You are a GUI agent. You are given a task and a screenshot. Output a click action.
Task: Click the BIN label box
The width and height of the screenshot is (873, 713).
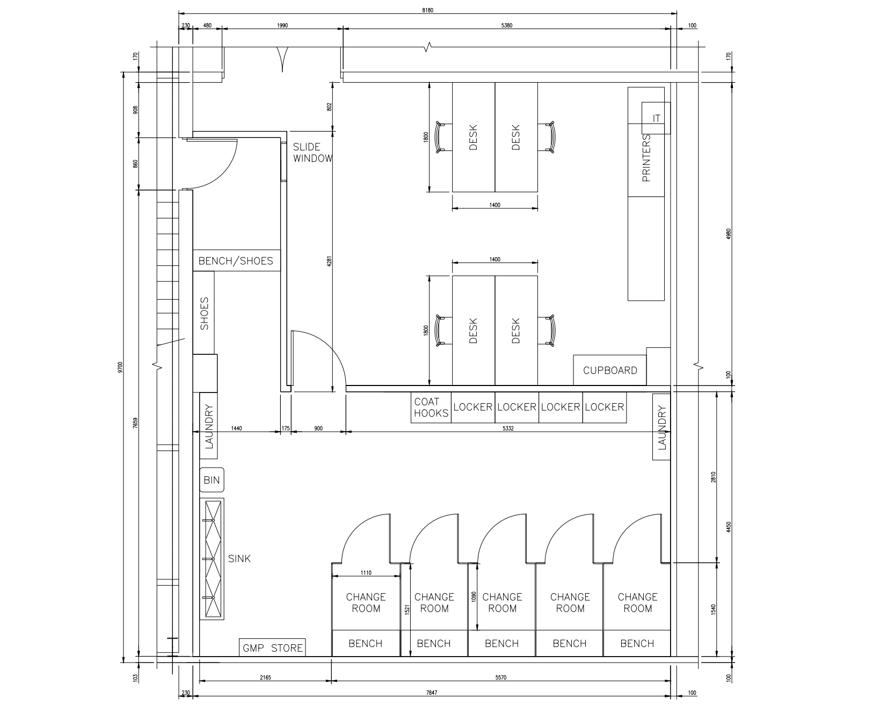[x=212, y=480]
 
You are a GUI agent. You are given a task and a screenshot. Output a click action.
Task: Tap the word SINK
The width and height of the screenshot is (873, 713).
[x=239, y=558]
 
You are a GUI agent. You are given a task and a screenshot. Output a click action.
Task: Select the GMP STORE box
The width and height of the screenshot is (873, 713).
[x=273, y=647]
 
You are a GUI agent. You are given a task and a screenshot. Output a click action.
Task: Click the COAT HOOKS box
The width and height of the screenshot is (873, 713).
[x=431, y=408]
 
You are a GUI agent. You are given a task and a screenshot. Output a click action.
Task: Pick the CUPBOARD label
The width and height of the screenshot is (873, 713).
[x=610, y=370]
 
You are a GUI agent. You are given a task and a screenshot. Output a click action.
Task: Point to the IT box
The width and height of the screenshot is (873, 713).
[x=656, y=118]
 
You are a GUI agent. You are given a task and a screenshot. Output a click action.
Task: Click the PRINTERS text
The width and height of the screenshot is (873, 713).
[x=646, y=158]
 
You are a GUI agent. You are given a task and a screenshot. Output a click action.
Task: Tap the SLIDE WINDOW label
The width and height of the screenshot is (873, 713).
[x=312, y=152]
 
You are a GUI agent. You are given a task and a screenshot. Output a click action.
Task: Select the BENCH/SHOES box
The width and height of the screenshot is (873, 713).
[x=236, y=261]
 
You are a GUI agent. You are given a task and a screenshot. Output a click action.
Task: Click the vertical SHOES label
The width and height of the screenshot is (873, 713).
[x=204, y=314]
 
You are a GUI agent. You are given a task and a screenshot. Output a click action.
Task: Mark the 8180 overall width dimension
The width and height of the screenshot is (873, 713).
[x=427, y=9]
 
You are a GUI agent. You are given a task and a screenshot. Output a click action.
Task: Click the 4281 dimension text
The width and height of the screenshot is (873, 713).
[x=329, y=261]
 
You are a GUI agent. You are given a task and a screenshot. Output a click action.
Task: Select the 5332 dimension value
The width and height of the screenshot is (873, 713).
[x=507, y=428]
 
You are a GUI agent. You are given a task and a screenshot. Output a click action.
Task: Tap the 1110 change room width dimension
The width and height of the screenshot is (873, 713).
[x=366, y=573]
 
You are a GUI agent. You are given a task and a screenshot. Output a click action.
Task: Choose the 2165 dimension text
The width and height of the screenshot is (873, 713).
[x=265, y=678]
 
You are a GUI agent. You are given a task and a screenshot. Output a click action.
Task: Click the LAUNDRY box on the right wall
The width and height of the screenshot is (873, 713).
[x=661, y=427]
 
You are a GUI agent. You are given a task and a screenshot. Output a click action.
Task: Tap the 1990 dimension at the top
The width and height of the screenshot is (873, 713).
[x=282, y=25]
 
